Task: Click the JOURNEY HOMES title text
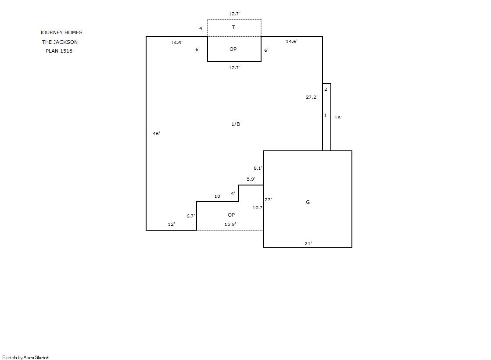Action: click(61, 32)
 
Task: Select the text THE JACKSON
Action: click(60, 42)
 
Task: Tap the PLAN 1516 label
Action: click(59, 51)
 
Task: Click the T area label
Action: click(233, 27)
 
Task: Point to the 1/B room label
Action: click(236, 124)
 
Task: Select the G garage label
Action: click(308, 202)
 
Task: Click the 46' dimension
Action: click(156, 133)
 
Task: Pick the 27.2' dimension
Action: click(312, 97)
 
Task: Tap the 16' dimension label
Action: click(338, 118)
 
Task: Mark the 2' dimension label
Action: click(326, 89)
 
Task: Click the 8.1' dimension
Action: click(258, 168)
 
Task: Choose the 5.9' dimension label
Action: click(251, 179)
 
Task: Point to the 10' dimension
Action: click(218, 196)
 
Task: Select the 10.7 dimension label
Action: click(258, 207)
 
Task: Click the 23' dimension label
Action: click(269, 200)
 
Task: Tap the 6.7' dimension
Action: click(191, 216)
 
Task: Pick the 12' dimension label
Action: click(171, 224)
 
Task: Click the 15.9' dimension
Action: click(230, 224)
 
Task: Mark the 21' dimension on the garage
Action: click(308, 243)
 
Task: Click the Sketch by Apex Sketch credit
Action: click(26, 357)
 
